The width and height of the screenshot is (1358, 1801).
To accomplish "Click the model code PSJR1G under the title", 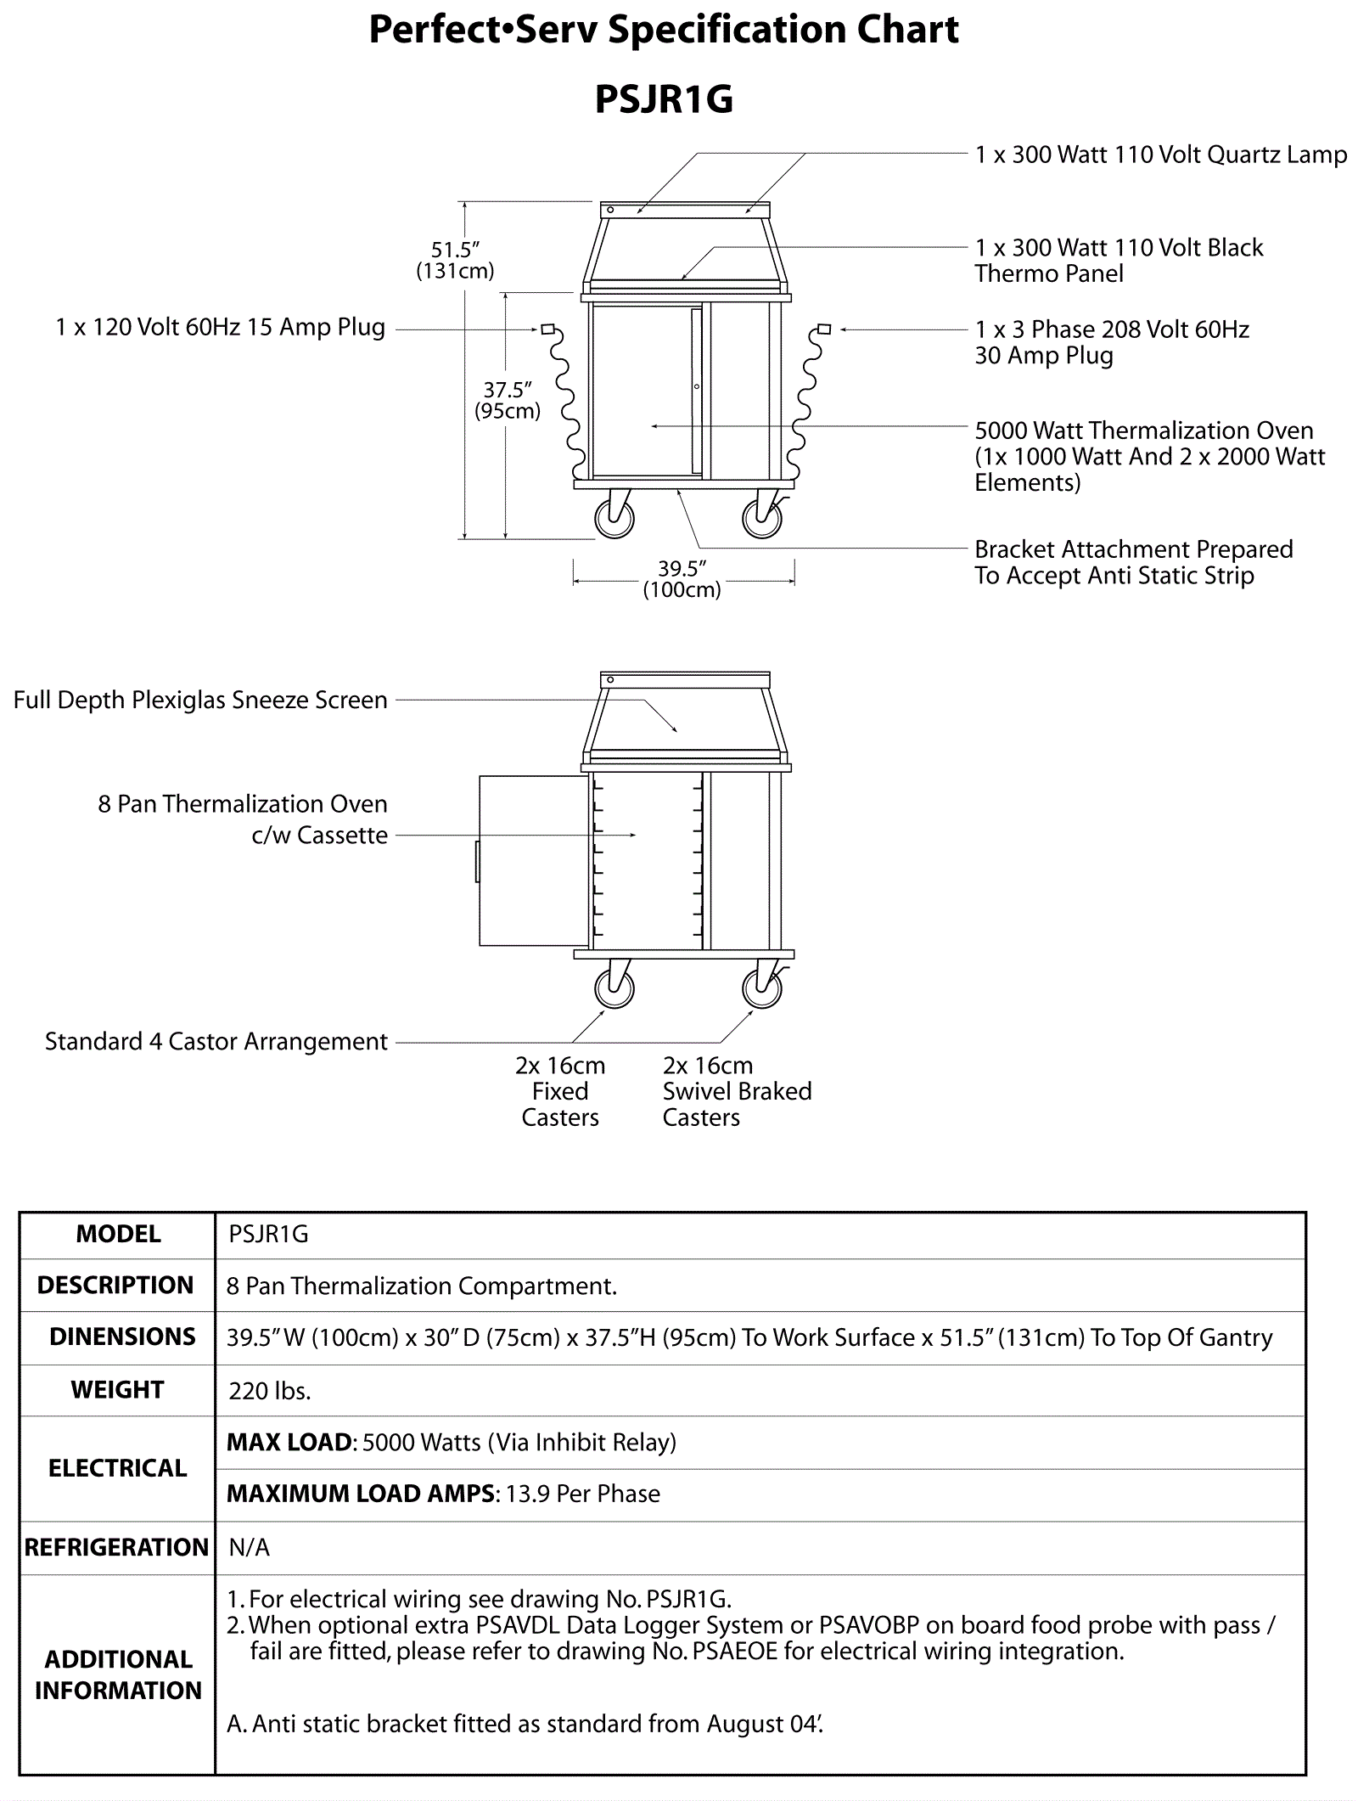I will (664, 99).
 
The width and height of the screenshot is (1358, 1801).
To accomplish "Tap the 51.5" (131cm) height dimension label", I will (455, 260).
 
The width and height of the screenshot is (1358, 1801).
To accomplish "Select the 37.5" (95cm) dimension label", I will (508, 400).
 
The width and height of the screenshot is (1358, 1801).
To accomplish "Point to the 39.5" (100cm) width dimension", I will (682, 579).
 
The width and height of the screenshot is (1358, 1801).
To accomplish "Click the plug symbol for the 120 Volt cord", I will (548, 329).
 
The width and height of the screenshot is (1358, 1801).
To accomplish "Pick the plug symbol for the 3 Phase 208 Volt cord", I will (823, 329).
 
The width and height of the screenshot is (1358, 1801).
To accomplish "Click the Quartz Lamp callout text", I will (1160, 155).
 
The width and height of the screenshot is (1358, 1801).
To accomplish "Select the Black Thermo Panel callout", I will (1118, 260).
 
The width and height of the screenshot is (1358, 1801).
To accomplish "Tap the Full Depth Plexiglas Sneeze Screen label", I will (200, 700).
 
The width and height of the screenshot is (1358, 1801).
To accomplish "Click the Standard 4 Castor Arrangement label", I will (216, 1041).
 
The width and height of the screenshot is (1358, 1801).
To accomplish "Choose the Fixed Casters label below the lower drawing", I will (560, 1091).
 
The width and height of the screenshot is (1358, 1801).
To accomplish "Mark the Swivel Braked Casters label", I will (737, 1091).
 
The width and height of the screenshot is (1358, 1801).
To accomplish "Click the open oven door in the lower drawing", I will (533, 860).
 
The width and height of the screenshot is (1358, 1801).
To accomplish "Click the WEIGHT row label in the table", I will (117, 1390).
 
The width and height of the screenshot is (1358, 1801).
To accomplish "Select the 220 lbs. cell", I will (270, 1391).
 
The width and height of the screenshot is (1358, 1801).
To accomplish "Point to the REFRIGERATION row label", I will (116, 1547).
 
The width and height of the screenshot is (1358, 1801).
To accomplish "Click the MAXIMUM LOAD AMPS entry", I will (443, 1494).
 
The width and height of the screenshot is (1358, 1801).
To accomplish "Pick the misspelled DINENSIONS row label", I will (122, 1337).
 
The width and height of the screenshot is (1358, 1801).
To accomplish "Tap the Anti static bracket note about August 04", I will (525, 1724).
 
